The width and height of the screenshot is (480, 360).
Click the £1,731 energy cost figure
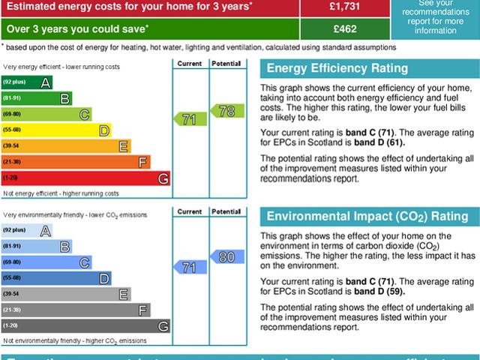tap(344, 6)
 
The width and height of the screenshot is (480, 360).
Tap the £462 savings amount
tap(344, 28)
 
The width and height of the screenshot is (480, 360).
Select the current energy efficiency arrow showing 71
tap(190, 118)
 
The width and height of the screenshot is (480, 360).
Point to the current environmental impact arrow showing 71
tap(190, 267)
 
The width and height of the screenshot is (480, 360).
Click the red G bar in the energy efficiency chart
tap(85, 178)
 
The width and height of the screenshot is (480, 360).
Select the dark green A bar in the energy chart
tap(27, 82)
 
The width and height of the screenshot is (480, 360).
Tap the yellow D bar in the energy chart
tap(56, 130)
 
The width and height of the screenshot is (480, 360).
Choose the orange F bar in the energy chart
tap(76, 162)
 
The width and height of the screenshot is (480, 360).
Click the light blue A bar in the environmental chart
tap(27, 230)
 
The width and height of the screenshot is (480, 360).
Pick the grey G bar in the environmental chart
tap(85, 326)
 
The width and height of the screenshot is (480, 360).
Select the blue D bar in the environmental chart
tap(56, 278)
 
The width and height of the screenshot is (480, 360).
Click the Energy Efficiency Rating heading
tap(337, 69)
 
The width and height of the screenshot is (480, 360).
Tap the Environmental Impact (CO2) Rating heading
tap(367, 217)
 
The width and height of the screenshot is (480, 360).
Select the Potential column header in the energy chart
tap(226, 64)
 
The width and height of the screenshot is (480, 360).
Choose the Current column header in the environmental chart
tap(190, 212)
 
